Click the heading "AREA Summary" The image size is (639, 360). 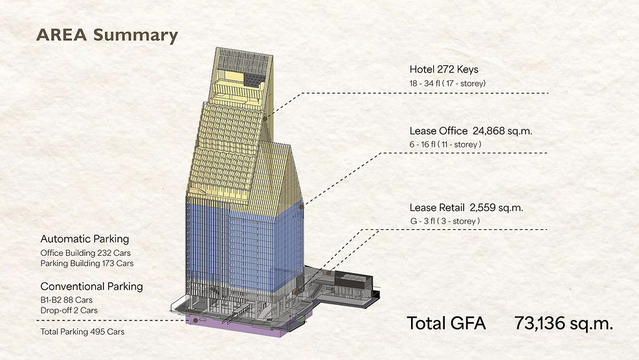coord(107,35)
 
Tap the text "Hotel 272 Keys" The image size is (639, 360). coord(443,70)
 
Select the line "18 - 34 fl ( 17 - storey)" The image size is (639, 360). coord(447,84)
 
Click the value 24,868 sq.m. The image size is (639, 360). coord(502,131)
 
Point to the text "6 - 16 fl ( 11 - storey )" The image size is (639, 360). coord(445,144)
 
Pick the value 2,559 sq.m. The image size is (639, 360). coord(497,208)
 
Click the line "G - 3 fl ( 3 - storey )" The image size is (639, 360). coord(445,221)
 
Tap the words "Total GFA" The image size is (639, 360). coord(447,323)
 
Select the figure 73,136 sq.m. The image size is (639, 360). coord(564,324)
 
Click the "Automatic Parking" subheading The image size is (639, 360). coord(85,239)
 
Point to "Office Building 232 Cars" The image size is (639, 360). coord(85,253)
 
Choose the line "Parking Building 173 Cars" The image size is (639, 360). coord(87,264)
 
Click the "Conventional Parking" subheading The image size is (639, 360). coord(92,287)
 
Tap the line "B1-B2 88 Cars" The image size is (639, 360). coord(67,300)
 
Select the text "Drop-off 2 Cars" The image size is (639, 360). coord(69,310)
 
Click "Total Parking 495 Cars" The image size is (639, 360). coord(82,332)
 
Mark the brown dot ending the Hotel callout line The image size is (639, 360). coord(265,118)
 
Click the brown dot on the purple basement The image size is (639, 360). coord(196,321)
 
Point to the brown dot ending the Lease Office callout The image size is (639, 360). coord(301,207)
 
